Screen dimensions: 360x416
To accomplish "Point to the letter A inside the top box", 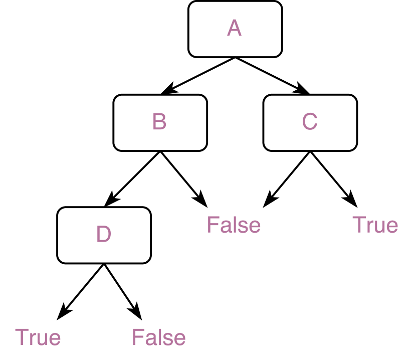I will [x=234, y=29].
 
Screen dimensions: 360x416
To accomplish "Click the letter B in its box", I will [x=159, y=122].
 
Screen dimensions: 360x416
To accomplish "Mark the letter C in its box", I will [x=310, y=122].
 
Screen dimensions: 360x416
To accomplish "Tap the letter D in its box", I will [x=103, y=235].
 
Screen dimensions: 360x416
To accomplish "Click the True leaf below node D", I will [x=38, y=337].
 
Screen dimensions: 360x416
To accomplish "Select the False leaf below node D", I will [x=159, y=337].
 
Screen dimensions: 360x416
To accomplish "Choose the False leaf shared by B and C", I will [x=234, y=225].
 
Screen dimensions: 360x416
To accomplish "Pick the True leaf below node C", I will [x=375, y=225].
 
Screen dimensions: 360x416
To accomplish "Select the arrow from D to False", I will [x=122, y=291].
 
